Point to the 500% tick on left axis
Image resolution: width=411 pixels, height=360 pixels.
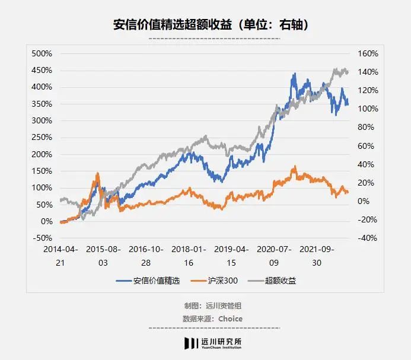tap(42, 53)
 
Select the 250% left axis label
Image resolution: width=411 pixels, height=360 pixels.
tap(42, 137)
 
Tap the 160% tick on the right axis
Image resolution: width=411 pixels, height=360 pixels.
tap(368, 53)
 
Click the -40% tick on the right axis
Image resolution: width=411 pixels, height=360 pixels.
tap(368, 238)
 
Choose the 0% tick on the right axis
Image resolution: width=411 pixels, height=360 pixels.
tap(364, 201)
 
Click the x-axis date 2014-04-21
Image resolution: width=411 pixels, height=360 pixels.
tap(62, 256)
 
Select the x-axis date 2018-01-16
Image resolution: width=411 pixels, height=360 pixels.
tap(189, 256)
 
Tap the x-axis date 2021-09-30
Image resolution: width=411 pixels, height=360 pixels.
tap(316, 256)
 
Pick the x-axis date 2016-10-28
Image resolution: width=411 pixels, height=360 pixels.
tap(146, 256)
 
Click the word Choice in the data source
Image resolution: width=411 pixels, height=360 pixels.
tap(230, 318)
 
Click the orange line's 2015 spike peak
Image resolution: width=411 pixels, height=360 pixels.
tap(97, 174)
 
